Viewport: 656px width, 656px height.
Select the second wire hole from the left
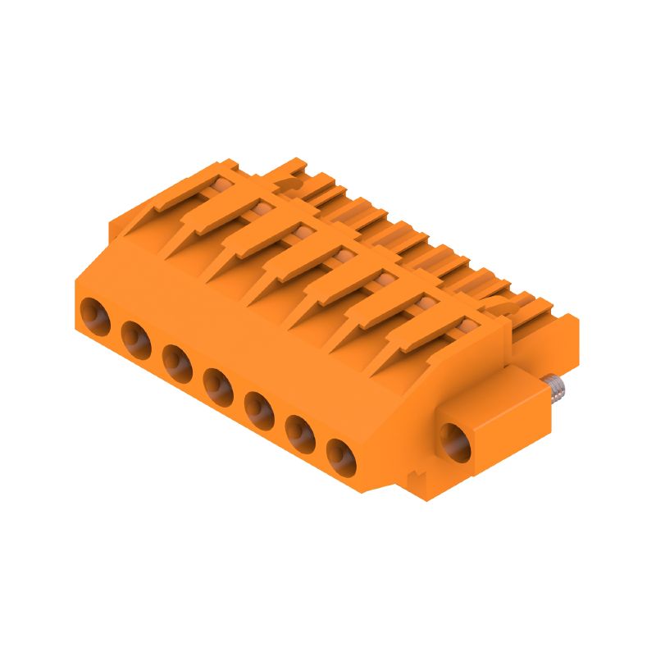pyautogui.click(x=136, y=336)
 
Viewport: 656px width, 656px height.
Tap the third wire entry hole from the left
pyautogui.click(x=178, y=359)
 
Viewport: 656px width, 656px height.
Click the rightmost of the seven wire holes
pyautogui.click(x=341, y=452)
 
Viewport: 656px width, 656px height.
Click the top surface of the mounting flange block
pyautogui.click(x=492, y=385)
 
